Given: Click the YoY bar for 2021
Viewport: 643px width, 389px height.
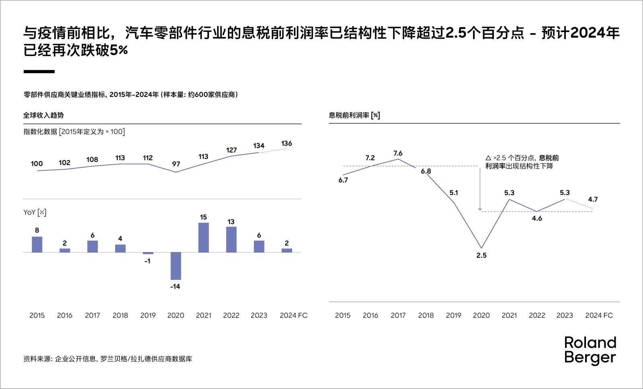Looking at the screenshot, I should click(203, 237).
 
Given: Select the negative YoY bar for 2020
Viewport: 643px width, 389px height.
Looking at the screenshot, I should click(176, 266).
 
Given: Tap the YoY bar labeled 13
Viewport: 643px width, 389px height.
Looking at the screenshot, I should click(231, 239).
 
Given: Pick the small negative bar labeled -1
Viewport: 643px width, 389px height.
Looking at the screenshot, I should click(148, 253).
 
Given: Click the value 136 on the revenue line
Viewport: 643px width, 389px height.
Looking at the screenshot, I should click(287, 144).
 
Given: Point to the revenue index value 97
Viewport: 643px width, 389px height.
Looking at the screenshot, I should click(176, 164).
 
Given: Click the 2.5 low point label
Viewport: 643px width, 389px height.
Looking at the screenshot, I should click(481, 255).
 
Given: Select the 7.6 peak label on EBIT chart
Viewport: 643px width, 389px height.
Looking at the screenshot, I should click(398, 153).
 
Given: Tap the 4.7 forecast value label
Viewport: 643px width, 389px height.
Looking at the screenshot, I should click(593, 200).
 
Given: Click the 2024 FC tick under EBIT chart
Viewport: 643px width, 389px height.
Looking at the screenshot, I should click(599, 315).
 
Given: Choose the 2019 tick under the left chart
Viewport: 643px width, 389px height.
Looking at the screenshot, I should click(148, 315).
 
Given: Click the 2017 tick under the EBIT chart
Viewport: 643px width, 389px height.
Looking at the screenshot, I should click(398, 315).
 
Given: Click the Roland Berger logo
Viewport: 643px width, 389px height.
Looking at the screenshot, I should click(590, 350).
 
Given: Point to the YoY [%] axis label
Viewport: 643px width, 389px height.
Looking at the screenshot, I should click(35, 212).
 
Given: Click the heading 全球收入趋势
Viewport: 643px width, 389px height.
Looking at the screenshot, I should click(43, 115).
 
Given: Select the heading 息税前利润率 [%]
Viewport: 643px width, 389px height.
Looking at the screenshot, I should click(354, 115).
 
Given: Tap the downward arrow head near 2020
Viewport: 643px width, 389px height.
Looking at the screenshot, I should click(480, 209).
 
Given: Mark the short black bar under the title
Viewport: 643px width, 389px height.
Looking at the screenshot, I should click(39, 72).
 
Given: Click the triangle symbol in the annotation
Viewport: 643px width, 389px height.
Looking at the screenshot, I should click(488, 158).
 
